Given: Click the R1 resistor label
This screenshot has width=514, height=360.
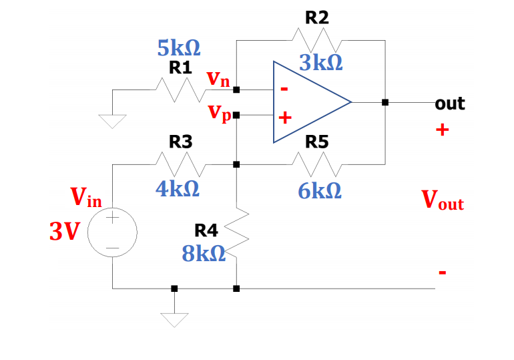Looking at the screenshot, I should [180, 67].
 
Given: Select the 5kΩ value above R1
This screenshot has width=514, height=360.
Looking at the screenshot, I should [180, 49].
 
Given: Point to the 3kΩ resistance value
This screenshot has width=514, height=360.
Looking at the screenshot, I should [321, 63].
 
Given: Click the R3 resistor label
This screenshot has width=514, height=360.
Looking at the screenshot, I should [180, 142].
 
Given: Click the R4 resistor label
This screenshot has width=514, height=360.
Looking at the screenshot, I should [206, 231].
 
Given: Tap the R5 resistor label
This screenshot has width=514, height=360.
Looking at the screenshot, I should [317, 142].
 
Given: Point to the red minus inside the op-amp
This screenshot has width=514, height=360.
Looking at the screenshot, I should [284, 88].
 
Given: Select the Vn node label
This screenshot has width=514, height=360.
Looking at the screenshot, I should [218, 79].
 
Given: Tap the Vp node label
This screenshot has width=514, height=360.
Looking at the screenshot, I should [220, 112].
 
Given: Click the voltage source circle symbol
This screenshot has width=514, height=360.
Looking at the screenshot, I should [112, 233].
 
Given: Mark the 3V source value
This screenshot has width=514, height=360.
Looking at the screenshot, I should [64, 231].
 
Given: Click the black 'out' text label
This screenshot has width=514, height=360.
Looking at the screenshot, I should [450, 104].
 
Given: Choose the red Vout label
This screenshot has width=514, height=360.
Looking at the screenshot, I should [442, 200].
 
